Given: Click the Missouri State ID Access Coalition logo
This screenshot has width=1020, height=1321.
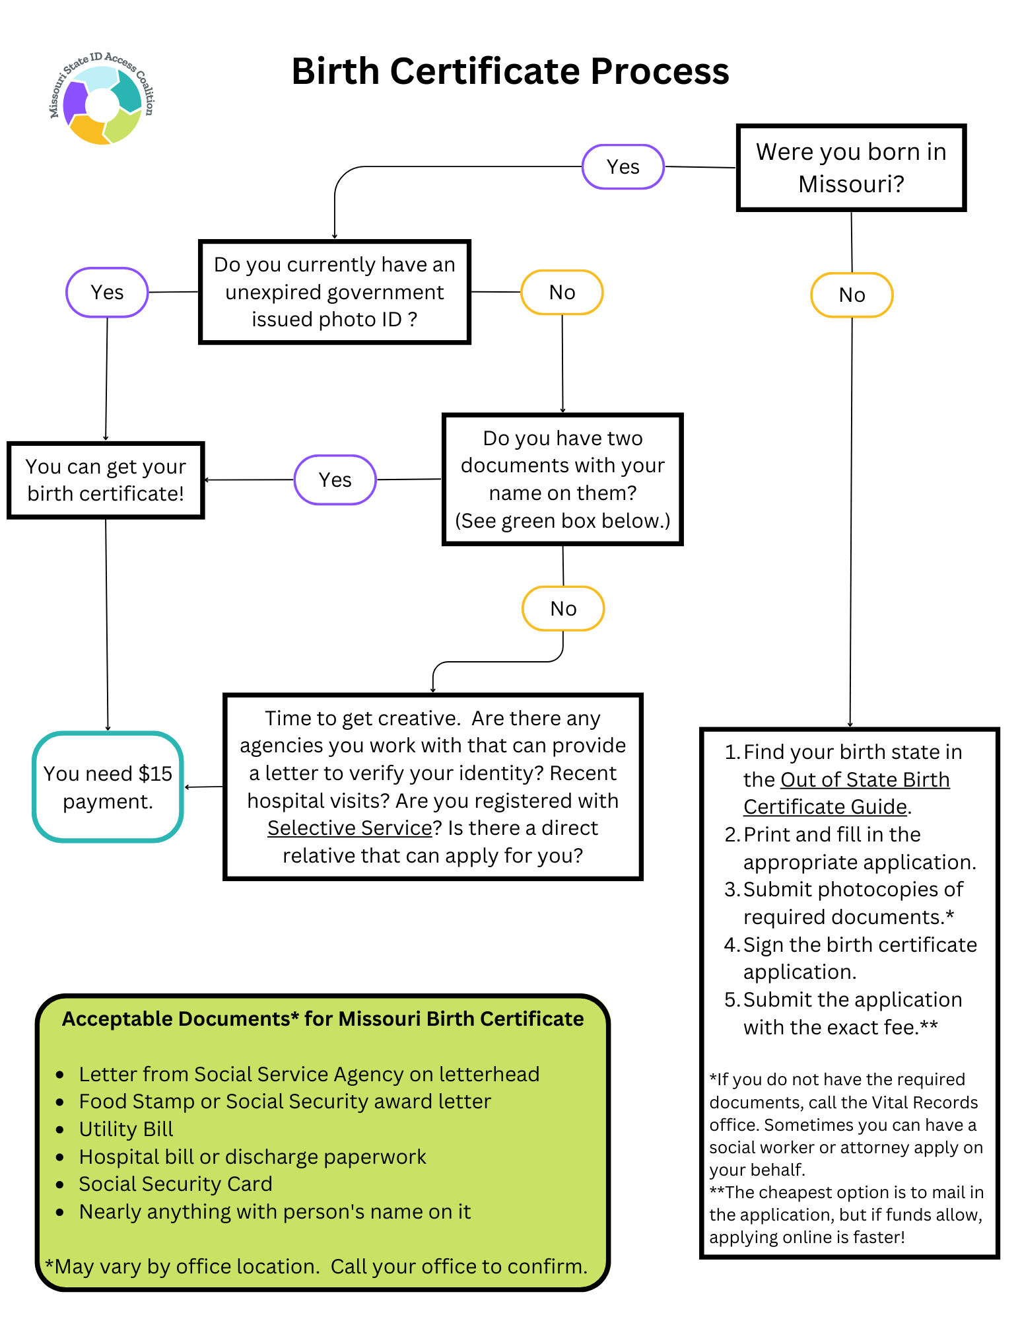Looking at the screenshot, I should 102,99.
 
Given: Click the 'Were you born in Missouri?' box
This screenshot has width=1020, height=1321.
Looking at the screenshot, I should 850,168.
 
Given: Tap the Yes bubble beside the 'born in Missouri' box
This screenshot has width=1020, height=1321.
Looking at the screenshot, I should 623,166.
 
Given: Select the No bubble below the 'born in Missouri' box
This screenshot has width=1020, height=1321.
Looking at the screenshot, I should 851,295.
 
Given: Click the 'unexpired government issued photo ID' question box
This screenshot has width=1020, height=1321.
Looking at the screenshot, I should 334,292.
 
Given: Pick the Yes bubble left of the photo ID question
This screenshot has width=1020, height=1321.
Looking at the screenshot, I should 107,292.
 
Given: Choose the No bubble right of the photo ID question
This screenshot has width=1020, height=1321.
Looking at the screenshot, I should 562,292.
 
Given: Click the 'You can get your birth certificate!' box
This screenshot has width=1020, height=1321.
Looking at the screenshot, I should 106,480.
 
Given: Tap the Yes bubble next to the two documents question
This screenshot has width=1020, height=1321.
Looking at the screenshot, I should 335,480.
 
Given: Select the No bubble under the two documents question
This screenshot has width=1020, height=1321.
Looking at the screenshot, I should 562,608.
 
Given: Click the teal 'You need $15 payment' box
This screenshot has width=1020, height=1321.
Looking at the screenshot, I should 108,787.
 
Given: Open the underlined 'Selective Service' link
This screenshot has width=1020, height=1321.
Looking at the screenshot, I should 349,828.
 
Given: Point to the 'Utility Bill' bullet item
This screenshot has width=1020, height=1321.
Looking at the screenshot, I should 125,1129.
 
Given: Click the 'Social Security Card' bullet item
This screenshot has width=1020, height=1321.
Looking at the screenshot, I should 175,1184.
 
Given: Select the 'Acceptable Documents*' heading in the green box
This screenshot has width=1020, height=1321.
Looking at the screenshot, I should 322,1018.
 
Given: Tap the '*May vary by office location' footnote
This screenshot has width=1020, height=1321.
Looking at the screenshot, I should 316,1266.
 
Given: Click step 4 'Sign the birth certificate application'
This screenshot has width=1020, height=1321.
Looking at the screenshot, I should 859,958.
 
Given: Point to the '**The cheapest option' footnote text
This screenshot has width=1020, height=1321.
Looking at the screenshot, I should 846,1214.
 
